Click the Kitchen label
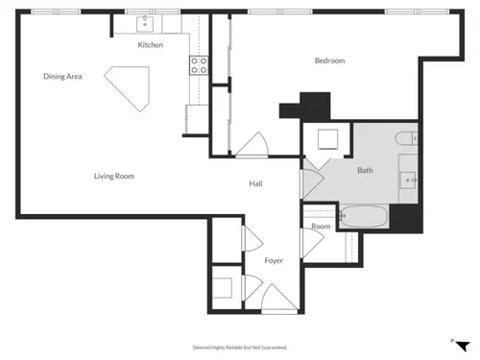point(151,45)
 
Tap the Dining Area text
point(62,76)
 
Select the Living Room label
point(114,176)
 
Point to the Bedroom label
point(330,60)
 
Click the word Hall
point(255,183)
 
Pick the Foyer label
point(274,261)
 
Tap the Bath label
point(365,170)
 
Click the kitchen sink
point(145,23)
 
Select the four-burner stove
point(199,65)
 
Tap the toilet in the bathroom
point(406,139)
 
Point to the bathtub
point(364,217)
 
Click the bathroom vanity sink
point(408,180)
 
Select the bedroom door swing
point(252,145)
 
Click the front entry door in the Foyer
point(279,298)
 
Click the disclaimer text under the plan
point(240,348)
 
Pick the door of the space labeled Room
point(313,243)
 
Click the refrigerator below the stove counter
point(197,119)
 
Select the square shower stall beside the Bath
point(328,139)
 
